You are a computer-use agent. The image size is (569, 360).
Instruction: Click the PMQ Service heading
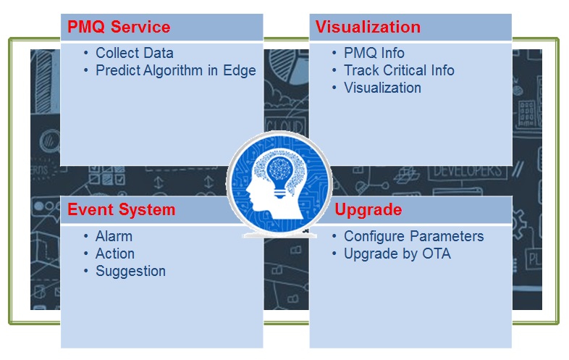(x=119, y=28)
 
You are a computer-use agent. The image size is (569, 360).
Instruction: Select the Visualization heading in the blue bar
(x=368, y=27)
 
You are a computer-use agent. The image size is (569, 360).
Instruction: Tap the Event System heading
(x=121, y=209)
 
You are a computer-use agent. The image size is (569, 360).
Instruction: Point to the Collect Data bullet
(x=134, y=53)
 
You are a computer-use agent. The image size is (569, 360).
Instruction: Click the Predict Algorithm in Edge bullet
(x=175, y=71)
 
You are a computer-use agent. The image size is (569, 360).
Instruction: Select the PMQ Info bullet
(x=374, y=53)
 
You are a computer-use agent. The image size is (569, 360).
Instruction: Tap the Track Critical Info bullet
(x=399, y=70)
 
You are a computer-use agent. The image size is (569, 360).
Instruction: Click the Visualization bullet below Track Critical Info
(x=382, y=88)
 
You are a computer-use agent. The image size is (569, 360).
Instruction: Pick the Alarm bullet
(x=114, y=236)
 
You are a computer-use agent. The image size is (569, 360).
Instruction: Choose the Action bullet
(x=114, y=254)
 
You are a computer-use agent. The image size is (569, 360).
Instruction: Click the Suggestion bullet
(x=130, y=271)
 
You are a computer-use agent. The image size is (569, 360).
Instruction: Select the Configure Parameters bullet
(x=413, y=236)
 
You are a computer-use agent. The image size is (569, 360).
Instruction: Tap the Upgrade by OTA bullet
(x=397, y=254)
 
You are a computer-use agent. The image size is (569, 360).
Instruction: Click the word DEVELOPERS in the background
(x=466, y=171)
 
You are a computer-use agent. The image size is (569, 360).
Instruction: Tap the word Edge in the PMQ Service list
(x=240, y=71)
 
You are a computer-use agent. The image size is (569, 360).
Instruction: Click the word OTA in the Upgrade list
(x=437, y=254)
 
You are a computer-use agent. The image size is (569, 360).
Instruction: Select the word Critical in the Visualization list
(x=402, y=70)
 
